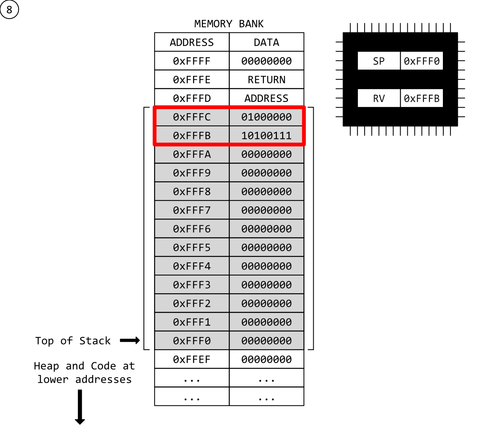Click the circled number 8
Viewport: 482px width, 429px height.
click(9, 9)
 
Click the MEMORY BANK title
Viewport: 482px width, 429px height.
click(229, 24)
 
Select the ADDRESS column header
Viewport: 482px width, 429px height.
click(192, 42)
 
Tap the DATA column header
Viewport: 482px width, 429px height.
click(266, 42)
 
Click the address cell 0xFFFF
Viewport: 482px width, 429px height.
click(192, 61)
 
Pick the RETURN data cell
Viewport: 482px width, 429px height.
click(266, 80)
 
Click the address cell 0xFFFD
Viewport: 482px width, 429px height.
click(192, 98)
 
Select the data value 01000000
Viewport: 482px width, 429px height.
click(266, 117)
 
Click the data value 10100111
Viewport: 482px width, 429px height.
click(266, 136)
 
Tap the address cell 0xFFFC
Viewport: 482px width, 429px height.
click(192, 117)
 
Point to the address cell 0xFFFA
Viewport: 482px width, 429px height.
click(192, 154)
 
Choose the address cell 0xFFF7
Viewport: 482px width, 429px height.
click(192, 210)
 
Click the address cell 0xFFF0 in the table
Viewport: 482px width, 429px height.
click(192, 341)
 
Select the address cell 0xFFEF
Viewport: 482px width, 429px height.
click(192, 360)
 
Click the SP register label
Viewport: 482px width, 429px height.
click(378, 61)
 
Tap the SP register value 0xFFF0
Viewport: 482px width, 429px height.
click(422, 61)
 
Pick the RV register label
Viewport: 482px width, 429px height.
click(378, 98)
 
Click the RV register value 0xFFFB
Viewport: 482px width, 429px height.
click(422, 98)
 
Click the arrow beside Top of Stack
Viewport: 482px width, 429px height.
click(130, 341)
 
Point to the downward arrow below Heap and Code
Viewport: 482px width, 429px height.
click(80, 407)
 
